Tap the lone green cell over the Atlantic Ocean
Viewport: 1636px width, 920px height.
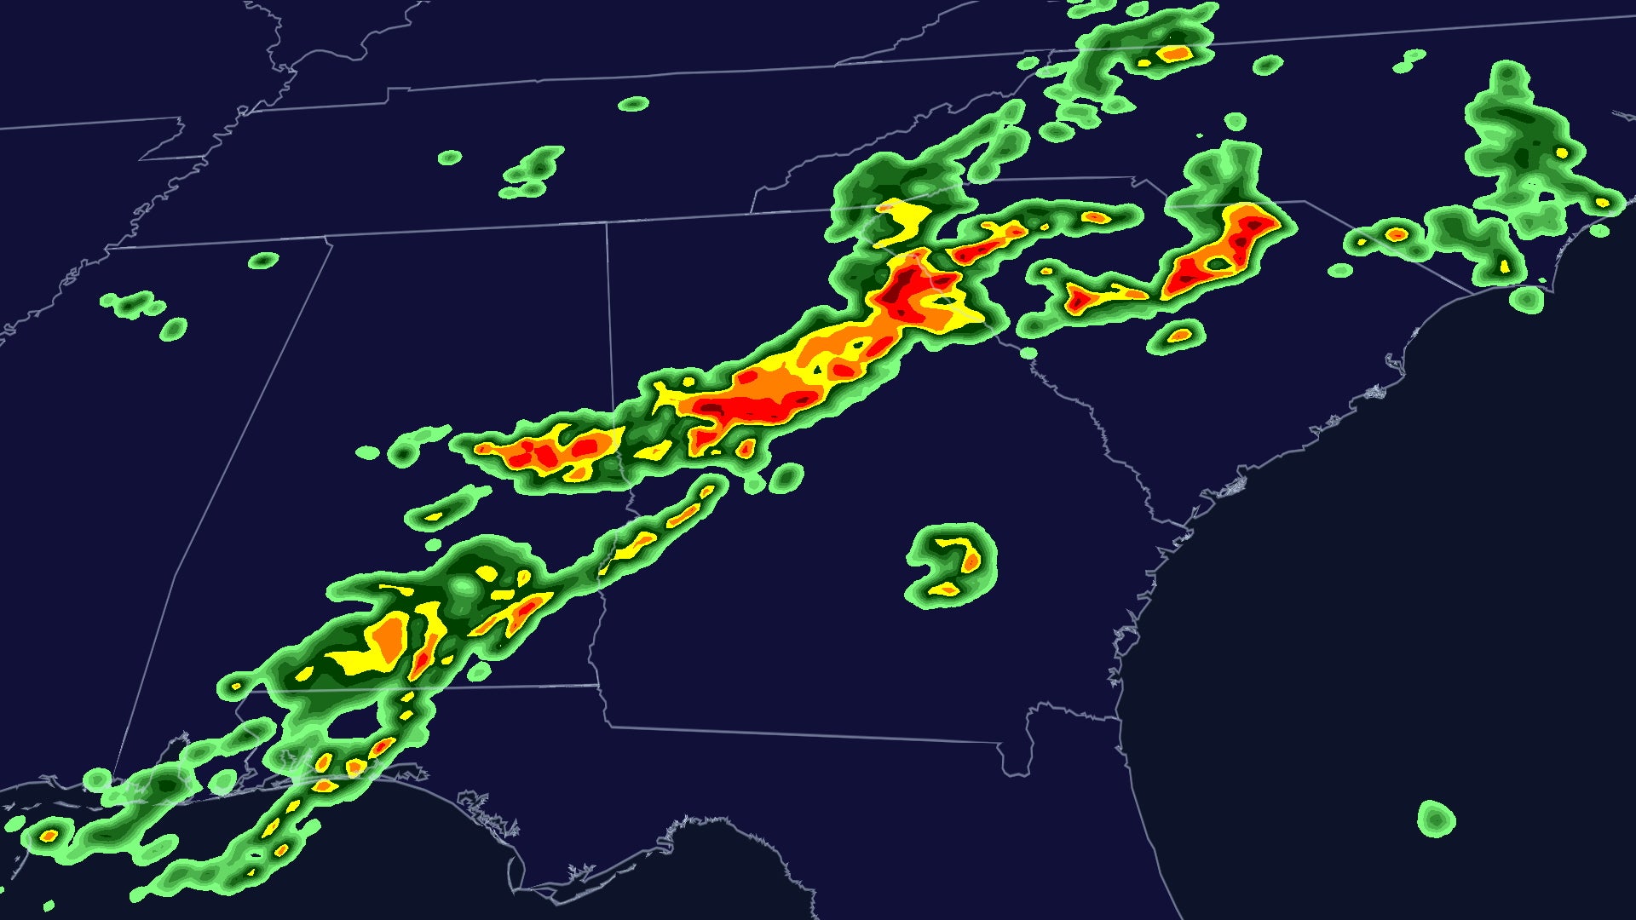[x=1436, y=819]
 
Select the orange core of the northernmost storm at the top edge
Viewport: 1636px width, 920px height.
[x=1176, y=54]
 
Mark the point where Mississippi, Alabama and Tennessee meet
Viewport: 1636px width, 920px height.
[x=331, y=239]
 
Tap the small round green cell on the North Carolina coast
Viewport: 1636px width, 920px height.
[x=1527, y=299]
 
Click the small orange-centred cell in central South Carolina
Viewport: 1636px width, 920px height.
[x=1178, y=335]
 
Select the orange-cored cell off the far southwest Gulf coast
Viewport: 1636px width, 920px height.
[x=49, y=835]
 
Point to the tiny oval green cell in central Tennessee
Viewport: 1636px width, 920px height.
[x=633, y=104]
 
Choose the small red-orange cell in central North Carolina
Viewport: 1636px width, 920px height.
[x=1396, y=233]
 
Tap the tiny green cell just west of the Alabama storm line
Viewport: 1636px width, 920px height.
[x=367, y=452]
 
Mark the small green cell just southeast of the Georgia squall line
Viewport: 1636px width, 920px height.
[x=786, y=477]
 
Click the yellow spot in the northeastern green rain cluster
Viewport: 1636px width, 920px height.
[x=1561, y=153]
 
